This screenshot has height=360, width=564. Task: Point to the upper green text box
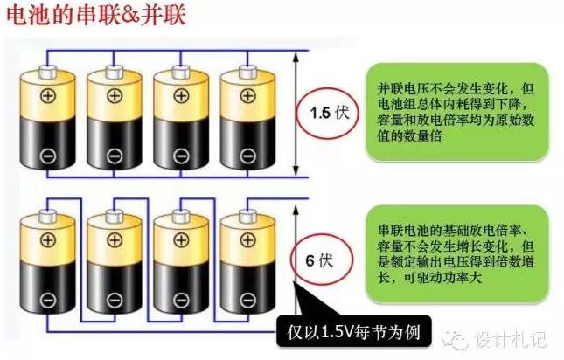pyautogui.click(x=445, y=112)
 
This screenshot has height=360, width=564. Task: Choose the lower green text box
pyautogui.click(x=445, y=260)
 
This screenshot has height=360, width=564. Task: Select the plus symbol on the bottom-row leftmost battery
pyautogui.click(x=48, y=239)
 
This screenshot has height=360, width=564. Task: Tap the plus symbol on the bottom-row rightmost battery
pyautogui.click(x=244, y=239)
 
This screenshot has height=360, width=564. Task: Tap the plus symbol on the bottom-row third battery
pyautogui.click(x=178, y=239)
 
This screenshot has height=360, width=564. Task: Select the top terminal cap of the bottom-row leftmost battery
pyautogui.click(x=48, y=213)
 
